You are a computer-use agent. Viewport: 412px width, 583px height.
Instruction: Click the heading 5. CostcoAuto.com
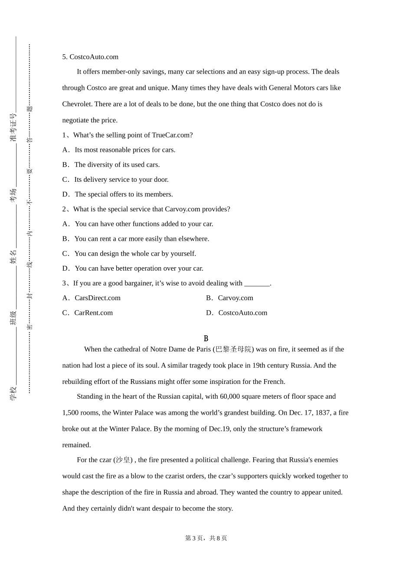tap(90, 57)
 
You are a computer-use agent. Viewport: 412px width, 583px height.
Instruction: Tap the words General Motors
tap(291, 88)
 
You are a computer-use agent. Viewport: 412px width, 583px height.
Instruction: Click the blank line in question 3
tap(257, 284)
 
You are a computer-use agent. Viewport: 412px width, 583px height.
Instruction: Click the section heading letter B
tap(206, 338)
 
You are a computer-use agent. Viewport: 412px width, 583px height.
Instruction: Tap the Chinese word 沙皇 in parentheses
tap(123, 460)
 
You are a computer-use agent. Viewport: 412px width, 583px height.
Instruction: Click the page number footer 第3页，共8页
tap(206, 538)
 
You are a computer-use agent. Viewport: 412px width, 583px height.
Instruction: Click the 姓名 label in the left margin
tap(13, 256)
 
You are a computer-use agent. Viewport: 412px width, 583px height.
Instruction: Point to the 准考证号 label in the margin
tap(13, 127)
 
